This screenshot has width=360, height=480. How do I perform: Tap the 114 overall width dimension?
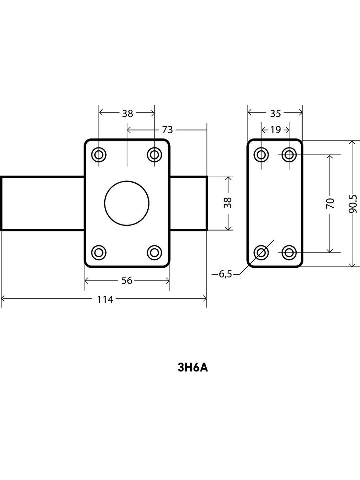point(105,299)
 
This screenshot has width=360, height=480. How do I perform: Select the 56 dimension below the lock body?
point(127,280)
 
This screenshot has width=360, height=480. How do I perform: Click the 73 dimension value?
point(167,130)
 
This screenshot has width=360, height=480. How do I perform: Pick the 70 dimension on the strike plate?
point(330,204)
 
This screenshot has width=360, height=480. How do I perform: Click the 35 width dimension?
point(275,113)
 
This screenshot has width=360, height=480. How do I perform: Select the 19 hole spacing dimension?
point(275,130)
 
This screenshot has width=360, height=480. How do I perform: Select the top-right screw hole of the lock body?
point(154,154)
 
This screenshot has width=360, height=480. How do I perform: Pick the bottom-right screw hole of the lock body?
point(154,252)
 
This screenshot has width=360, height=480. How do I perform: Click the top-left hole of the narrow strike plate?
point(261,154)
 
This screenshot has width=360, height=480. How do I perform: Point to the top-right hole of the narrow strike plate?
point(289,154)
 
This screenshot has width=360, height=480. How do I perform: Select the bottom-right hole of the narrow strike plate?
point(289,252)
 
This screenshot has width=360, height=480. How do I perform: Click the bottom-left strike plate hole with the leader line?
point(261,252)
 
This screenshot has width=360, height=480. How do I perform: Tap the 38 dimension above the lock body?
point(127,113)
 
